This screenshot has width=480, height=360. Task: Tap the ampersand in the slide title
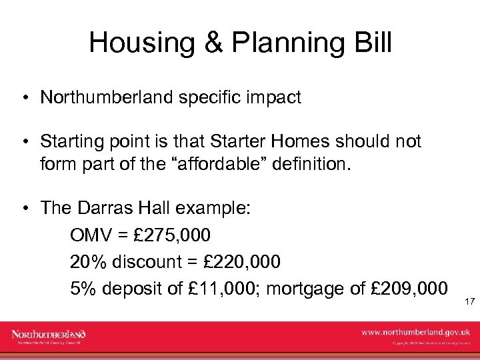pos(211,43)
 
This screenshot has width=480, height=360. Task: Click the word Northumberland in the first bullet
pos(107,98)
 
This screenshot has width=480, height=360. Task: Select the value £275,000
pos(173,235)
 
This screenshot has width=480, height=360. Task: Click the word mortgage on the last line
pos(305,288)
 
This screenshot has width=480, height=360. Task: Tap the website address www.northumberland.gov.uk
pos(415,331)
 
